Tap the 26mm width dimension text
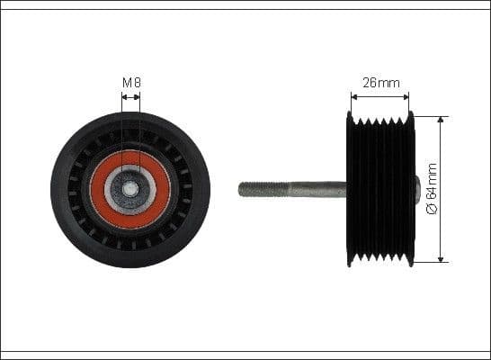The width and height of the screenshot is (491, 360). coord(380,83)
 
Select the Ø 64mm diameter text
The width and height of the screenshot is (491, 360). coord(432,189)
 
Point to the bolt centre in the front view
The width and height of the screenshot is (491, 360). coord(131,190)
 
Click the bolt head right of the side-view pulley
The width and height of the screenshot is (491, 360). coord(416,190)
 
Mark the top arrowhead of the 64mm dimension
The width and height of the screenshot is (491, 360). coord(441,120)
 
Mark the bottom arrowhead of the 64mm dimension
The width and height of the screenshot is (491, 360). coord(441,259)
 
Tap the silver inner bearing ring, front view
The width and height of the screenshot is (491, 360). coord(118,190)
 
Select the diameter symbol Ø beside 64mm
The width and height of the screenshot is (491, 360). coord(432,210)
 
